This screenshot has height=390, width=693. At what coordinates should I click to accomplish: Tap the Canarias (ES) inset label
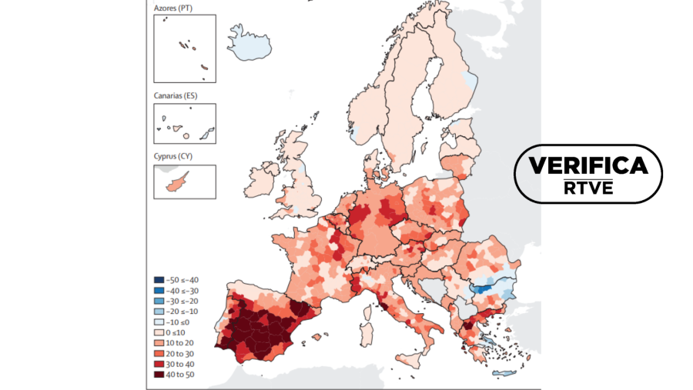coord(177,95)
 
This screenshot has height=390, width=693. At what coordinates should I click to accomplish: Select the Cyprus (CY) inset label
coord(174,157)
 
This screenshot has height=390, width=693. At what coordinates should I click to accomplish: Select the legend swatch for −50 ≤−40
coord(159,280)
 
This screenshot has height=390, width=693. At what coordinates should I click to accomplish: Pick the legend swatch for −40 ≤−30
coord(159,291)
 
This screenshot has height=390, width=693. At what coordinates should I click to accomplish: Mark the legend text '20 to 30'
coord(182,353)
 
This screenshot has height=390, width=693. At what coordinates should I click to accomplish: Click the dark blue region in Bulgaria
coord(483,289)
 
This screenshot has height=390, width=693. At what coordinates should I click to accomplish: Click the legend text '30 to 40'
coord(182,364)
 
